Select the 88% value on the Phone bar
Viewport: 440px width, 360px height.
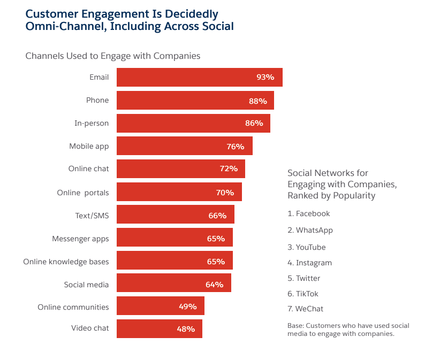point(257,100)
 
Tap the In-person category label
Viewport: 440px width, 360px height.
point(91,123)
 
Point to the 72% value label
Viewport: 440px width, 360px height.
point(229,168)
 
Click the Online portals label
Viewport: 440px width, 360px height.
point(82,193)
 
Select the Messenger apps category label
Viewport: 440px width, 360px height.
point(80,239)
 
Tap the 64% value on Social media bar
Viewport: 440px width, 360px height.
point(214,285)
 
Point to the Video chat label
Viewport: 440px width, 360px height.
point(90,328)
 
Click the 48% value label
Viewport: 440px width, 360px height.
point(186,329)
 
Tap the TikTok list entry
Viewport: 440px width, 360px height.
point(307,294)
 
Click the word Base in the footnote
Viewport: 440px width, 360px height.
point(296,326)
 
